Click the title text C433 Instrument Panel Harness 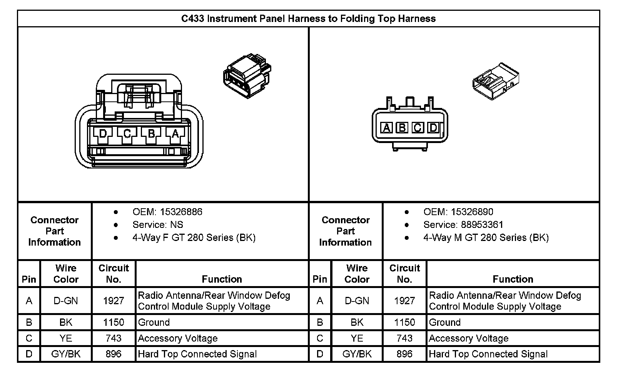[308, 19]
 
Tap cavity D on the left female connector [103, 134]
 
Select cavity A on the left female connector [175, 134]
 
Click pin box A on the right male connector [386, 128]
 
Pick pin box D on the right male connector [433, 128]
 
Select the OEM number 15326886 [181, 212]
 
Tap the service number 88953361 [482, 224]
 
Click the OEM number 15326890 [472, 212]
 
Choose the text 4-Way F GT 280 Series [194, 238]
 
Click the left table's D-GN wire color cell [66, 301]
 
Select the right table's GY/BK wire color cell [357, 354]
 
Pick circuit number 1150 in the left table [114, 322]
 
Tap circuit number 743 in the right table [404, 338]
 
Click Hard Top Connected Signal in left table [197, 354]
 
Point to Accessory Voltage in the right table [468, 338]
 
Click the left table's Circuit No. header [114, 274]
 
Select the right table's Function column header [513, 279]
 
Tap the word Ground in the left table [154, 322]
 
